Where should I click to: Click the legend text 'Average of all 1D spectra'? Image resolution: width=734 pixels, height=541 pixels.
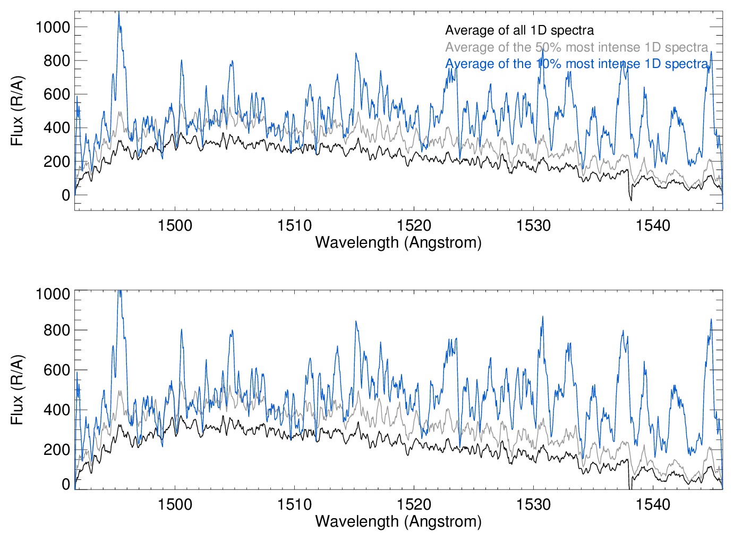pyautogui.click(x=519, y=30)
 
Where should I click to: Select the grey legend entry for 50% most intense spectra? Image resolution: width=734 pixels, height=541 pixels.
pyautogui.click(x=576, y=47)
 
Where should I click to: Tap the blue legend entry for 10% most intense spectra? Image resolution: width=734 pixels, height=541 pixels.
pyautogui.click(x=576, y=64)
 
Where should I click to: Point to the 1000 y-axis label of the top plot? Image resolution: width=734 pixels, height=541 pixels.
pyautogui.click(x=53, y=27)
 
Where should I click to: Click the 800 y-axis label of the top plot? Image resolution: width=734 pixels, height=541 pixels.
pyautogui.click(x=57, y=61)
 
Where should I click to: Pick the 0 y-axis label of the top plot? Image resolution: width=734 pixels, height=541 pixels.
pyautogui.click(x=66, y=195)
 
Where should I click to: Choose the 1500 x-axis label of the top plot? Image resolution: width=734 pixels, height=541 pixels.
pyautogui.click(x=175, y=225)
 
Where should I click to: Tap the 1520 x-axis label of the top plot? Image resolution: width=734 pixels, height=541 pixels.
pyautogui.click(x=414, y=225)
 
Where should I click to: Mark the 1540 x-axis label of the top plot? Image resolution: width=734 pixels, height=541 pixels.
pyautogui.click(x=653, y=225)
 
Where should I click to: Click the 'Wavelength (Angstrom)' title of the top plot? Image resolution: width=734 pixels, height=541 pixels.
pyautogui.click(x=398, y=242)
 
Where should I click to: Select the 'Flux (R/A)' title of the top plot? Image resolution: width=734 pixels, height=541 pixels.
pyautogui.click(x=18, y=111)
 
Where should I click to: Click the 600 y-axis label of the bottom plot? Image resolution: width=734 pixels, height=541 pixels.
pyautogui.click(x=57, y=370)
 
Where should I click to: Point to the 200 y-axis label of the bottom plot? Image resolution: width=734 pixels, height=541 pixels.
pyautogui.click(x=57, y=450)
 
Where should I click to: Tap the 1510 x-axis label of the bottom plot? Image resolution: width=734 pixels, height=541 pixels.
pyautogui.click(x=294, y=504)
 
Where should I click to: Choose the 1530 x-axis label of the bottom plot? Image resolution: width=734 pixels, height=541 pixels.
pyautogui.click(x=533, y=504)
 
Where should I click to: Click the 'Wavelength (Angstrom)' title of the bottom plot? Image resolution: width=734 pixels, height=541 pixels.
pyautogui.click(x=398, y=521)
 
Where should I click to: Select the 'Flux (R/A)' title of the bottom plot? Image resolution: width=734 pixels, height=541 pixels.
pyautogui.click(x=18, y=390)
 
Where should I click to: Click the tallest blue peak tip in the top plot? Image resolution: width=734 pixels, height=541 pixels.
pyautogui.click(x=118, y=12)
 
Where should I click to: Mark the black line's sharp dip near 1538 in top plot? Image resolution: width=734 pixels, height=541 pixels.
pyautogui.click(x=630, y=200)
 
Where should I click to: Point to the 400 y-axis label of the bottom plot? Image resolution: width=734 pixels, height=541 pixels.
pyautogui.click(x=57, y=410)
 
